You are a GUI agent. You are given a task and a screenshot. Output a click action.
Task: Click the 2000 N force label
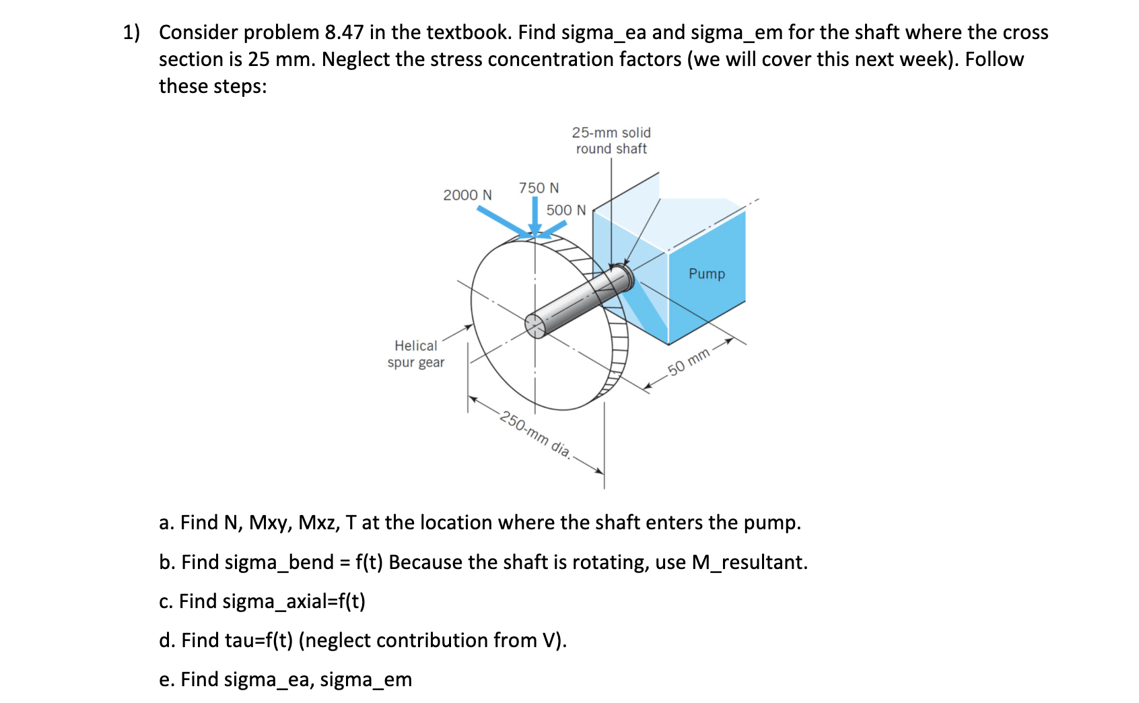pos(467,195)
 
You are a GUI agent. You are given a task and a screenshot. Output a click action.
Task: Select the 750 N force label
pos(539,188)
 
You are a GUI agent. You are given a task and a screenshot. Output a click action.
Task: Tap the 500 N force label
pos(566,210)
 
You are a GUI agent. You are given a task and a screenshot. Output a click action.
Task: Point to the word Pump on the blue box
pos(707,274)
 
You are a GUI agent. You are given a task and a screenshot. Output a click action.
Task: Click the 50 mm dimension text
pos(689,362)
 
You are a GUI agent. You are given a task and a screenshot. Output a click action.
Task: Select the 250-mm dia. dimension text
pos(535,434)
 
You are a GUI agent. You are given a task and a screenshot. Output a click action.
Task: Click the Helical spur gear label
pos(416,354)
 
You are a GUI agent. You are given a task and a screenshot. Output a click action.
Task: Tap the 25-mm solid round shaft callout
pos(611,141)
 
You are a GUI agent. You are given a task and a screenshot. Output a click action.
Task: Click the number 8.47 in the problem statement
pos(344,32)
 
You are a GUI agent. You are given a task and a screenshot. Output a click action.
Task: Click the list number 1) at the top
pos(131,32)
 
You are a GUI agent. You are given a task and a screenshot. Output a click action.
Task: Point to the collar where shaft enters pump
pos(622,276)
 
